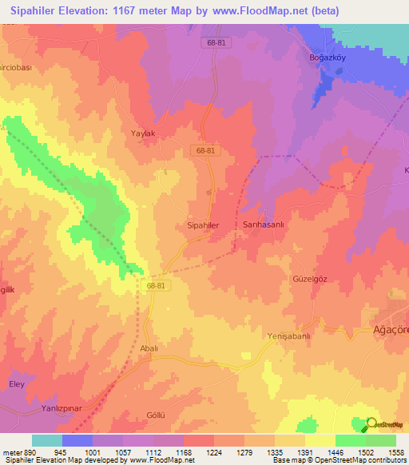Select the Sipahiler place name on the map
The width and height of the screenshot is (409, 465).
(x=202, y=226)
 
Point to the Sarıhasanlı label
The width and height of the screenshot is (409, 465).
(x=264, y=226)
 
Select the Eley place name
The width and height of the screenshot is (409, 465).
(x=17, y=384)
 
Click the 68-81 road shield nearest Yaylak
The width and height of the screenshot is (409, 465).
(x=204, y=150)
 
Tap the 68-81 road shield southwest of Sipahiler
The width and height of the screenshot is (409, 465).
(x=157, y=284)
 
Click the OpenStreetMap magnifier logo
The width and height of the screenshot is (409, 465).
(x=371, y=425)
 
